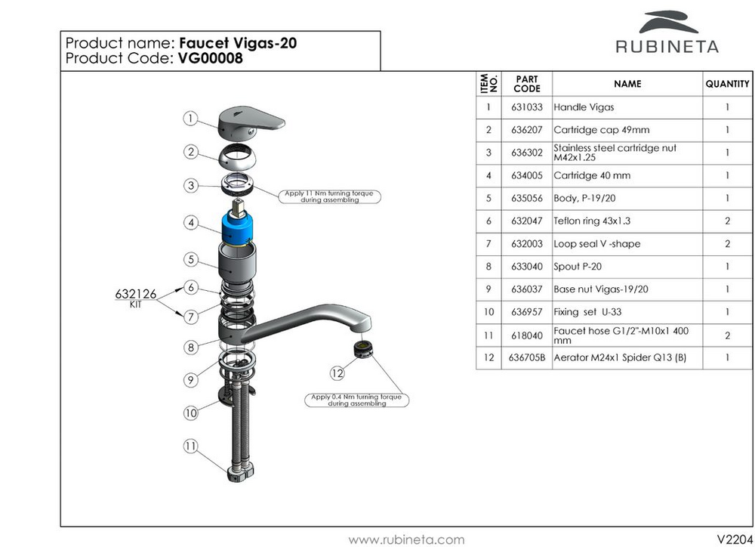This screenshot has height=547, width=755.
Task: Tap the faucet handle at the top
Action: (251, 123)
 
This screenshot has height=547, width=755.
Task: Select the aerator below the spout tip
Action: (363, 349)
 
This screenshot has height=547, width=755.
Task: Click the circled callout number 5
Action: (191, 259)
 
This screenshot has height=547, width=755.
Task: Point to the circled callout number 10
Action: (191, 413)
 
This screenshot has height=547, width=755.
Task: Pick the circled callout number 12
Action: (337, 373)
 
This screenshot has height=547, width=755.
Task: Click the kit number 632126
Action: (136, 294)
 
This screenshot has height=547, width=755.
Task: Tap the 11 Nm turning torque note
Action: (329, 196)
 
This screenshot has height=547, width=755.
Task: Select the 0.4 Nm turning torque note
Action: (357, 400)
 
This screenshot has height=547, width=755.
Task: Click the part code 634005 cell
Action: (527, 175)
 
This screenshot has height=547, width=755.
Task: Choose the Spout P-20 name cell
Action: (627, 267)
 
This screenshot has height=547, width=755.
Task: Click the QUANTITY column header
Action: (728, 84)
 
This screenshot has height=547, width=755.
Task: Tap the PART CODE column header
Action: (527, 84)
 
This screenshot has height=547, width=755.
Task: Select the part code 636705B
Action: (527, 357)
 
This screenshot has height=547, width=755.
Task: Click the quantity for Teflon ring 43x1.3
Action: (728, 221)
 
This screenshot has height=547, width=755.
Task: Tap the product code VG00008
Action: (211, 58)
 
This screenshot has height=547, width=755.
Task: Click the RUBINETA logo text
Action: (667, 47)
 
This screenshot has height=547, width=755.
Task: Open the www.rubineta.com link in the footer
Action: (406, 539)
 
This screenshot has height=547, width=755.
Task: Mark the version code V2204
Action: (735, 539)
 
